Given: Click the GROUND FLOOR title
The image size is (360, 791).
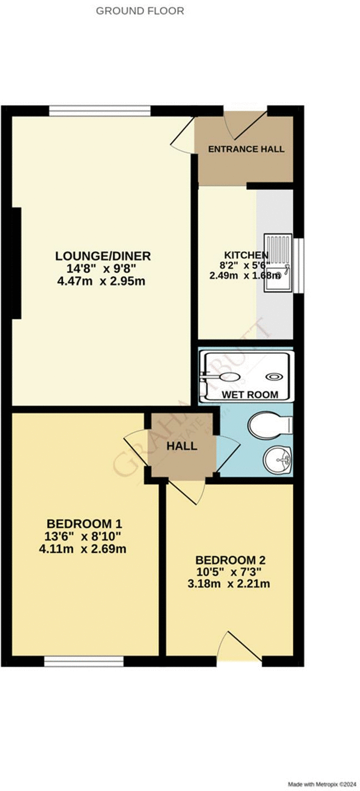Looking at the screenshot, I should pos(140,11).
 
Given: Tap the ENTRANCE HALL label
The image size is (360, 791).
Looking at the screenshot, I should pos(246,149).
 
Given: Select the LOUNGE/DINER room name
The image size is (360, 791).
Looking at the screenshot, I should pos(103,256).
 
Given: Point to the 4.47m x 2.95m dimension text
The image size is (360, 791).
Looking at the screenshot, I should pos(103,281).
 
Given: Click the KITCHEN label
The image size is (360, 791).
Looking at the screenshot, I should pos(238,255).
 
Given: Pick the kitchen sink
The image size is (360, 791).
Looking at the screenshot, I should pos(278,262).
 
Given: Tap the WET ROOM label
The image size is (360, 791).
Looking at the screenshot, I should pos(249,395).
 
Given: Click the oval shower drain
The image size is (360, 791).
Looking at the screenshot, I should pos(273,377).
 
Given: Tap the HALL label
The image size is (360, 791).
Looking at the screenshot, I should pos(182,446).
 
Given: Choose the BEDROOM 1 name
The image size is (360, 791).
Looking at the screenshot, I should pos(84,523).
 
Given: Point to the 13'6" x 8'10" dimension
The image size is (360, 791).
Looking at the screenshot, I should pos(84,537).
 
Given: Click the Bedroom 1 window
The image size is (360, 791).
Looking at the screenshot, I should pos(84,661).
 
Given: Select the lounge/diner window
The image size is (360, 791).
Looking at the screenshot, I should pos(100,111).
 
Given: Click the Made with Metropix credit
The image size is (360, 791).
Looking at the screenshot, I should pos(322,784).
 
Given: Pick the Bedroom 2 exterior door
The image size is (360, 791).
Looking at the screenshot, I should pos(239,650).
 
